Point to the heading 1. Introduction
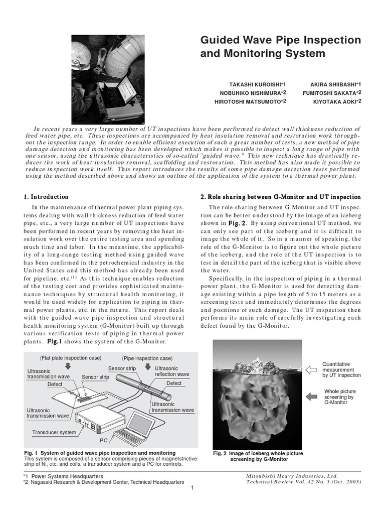(46, 197)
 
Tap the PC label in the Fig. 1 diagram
(104, 440)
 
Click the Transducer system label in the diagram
(54, 432)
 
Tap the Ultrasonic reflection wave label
(171, 371)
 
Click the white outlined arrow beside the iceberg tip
(311, 370)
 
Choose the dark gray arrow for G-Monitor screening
(311, 397)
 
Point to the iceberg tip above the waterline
(257, 365)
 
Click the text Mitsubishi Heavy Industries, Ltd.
(292, 476)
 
